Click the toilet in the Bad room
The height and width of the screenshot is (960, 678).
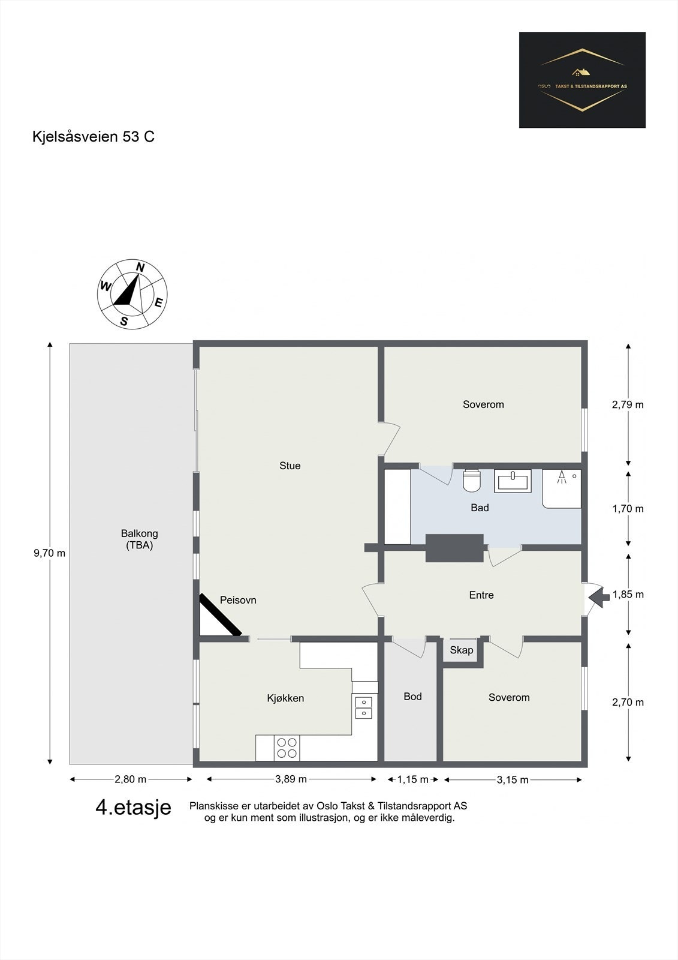pos(472,481)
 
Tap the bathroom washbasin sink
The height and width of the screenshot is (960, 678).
pos(513,481)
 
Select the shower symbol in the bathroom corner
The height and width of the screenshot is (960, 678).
pos(562,489)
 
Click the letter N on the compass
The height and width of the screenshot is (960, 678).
pos(140,267)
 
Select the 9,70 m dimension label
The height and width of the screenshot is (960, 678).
pos(50,553)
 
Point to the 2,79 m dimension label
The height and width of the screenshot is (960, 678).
pos(628,404)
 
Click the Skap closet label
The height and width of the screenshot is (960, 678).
pos(461,650)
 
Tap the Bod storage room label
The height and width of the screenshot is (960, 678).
pos(412,697)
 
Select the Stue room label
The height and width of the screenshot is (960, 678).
pos(290,466)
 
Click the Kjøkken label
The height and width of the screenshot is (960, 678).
pos(285,698)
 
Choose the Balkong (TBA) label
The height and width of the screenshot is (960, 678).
pos(139,539)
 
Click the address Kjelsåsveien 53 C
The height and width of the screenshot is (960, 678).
pos(94,137)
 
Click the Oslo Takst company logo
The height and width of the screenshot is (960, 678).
pos(582,80)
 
